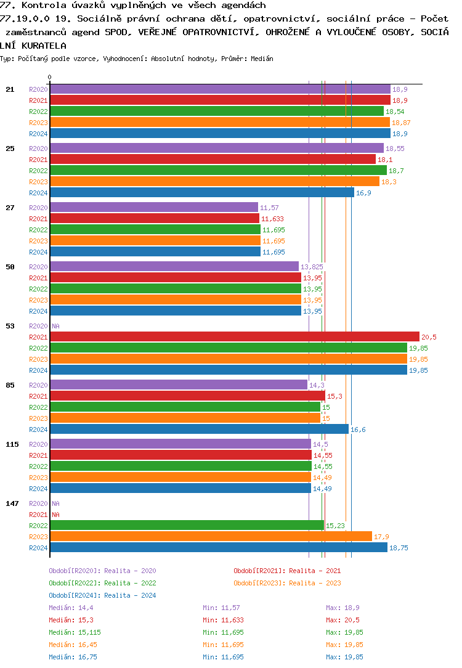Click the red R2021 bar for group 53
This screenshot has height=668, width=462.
pos(234,337)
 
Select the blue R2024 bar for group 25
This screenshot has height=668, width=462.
pos(202,193)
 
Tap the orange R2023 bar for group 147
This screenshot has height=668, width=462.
pos(211,537)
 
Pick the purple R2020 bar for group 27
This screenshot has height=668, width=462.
pos(154,208)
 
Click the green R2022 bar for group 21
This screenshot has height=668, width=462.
pos(217,112)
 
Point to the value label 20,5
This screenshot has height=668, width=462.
pos(429,337)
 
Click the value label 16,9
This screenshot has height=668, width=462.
pos(363,193)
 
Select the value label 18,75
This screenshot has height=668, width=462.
pos(399,548)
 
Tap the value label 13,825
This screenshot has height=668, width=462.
pos(311,267)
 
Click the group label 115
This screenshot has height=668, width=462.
pos(12,444)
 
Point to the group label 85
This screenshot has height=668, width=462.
pos(10,385)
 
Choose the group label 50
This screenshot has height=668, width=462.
pos(10,267)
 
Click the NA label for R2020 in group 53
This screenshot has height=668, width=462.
pos(55,326)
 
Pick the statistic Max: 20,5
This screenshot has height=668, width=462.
pos(342,620)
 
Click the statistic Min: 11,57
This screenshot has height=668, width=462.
pos(221,608)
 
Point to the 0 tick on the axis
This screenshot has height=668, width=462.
pos(50,77)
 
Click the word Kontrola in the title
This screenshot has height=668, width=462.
pos(41,6)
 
